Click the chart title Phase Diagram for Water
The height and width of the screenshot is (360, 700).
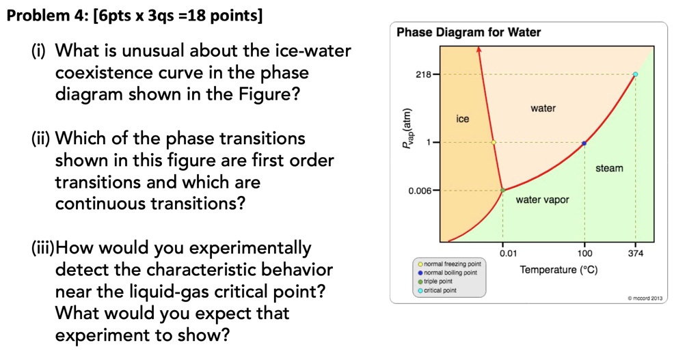[x=469, y=32]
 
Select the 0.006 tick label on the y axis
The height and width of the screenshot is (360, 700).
[x=420, y=191]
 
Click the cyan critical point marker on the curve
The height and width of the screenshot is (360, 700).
[x=635, y=74]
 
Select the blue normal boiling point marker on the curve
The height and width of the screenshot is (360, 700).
[x=584, y=143]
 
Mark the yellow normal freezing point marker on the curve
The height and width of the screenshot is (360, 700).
[x=493, y=143]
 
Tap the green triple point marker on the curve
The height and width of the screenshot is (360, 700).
[x=502, y=191]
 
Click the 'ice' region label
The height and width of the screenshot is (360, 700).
[x=463, y=119]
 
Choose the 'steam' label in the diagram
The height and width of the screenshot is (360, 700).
[x=608, y=168]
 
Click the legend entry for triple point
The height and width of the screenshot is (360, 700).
[x=437, y=281]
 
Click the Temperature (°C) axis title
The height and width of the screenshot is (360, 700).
[x=558, y=270]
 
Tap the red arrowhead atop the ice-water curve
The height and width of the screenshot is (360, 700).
[x=480, y=50]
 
